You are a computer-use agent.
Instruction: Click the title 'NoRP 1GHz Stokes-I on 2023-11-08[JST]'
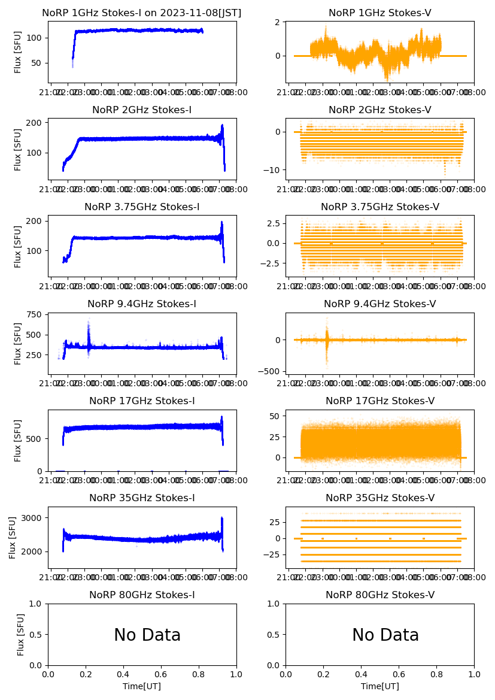point(142,13)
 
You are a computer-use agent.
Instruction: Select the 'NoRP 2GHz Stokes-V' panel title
point(380,110)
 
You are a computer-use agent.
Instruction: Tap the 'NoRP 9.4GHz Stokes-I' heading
point(142,304)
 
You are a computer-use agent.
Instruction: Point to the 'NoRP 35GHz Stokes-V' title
point(380,498)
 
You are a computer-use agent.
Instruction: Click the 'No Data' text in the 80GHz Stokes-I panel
point(147,635)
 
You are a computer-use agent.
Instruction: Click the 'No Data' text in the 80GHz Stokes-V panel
point(385,635)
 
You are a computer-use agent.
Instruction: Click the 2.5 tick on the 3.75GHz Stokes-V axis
point(274,223)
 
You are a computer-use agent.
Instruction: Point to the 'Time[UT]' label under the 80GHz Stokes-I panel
point(142,686)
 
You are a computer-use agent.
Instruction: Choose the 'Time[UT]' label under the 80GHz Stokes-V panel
point(380,686)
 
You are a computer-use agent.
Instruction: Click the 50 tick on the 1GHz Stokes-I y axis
point(39,63)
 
